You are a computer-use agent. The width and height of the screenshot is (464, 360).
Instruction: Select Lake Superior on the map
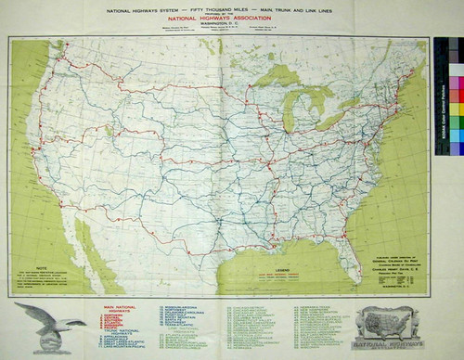point(278,78)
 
